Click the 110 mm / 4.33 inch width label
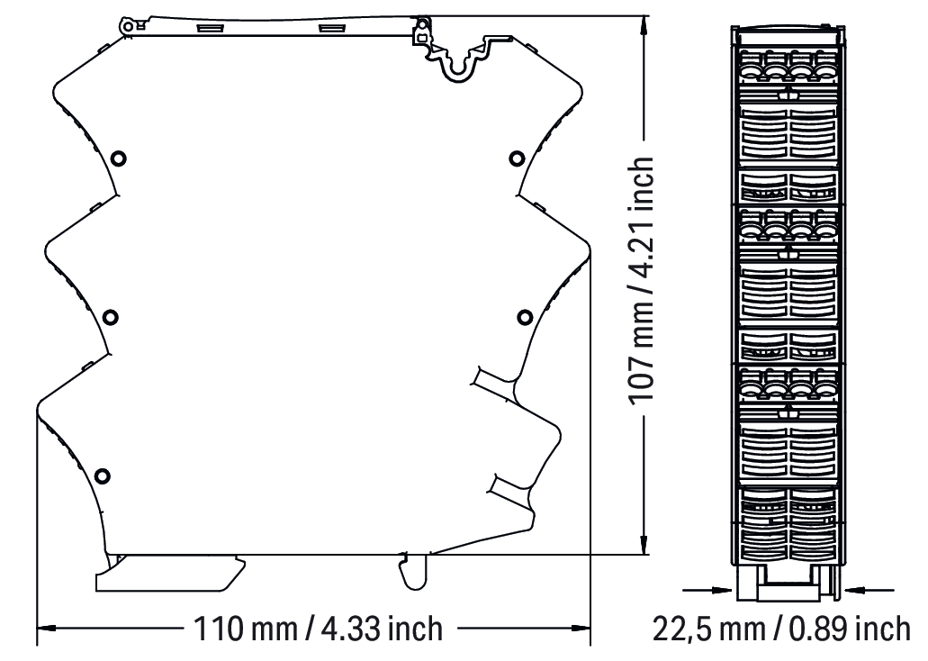point(318,629)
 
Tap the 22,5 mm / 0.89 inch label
point(781,629)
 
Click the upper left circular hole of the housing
point(119,158)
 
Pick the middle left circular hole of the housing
point(110,317)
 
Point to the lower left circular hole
point(103,475)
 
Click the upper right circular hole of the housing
point(517,158)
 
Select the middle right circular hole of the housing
point(525,317)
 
